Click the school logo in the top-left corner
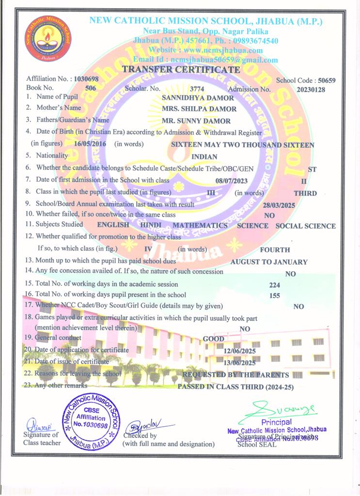[x=47, y=38]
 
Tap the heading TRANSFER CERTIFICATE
[x=181, y=70]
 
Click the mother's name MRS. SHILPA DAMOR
[x=199, y=109]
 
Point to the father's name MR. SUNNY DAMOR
[x=196, y=121]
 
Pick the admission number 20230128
[x=310, y=89]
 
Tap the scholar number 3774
[x=197, y=89]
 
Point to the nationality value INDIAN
[x=204, y=156]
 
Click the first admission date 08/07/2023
[x=231, y=181]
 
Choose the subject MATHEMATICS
[x=200, y=225]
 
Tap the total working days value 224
[x=275, y=285]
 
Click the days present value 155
[x=275, y=295]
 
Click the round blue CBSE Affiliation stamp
[x=91, y=421]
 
